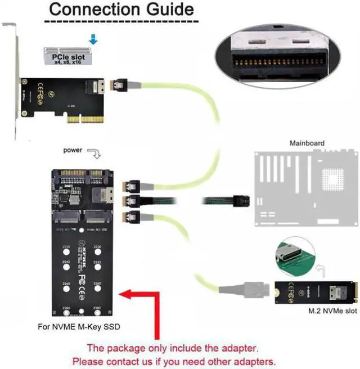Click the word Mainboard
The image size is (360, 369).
pyautogui.click(x=307, y=143)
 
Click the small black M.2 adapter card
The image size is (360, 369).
pyautogui.click(x=316, y=292)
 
